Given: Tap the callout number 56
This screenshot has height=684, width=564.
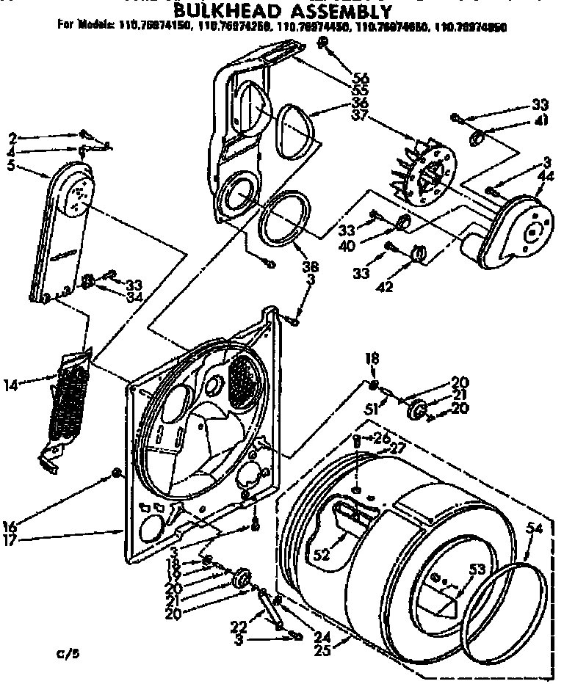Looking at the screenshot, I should coord(361,79).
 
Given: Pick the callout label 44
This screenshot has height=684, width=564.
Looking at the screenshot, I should coord(546,177).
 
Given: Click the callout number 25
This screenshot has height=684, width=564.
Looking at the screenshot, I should coord(320,650).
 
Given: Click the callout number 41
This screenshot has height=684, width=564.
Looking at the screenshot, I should coord(541,122).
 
